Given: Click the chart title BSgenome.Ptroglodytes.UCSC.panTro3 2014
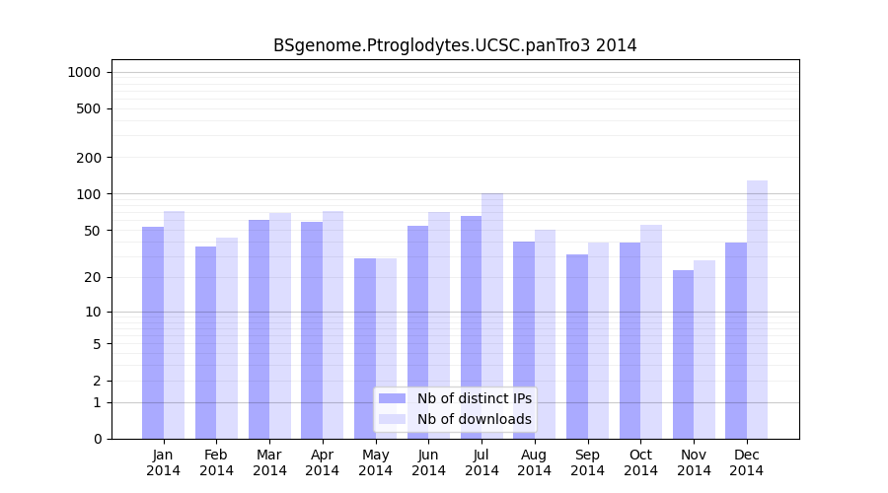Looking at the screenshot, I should click(x=455, y=46).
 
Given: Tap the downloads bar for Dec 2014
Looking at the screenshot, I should click(x=757, y=310).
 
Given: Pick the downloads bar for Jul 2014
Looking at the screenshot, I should click(x=492, y=316).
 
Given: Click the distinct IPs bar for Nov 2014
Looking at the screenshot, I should click(x=683, y=354).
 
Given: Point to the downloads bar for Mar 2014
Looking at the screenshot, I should click(x=280, y=325).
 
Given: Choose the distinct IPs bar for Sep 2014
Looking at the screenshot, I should click(x=577, y=346).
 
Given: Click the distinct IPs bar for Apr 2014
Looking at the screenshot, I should click(x=312, y=330).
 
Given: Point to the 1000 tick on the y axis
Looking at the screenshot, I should click(x=84, y=72).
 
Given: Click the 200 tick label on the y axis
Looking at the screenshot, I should click(x=90, y=158).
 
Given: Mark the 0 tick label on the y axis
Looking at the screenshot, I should click(x=97, y=439).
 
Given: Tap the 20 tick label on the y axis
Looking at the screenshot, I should click(x=93, y=277).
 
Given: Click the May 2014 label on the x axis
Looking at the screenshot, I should click(x=376, y=462).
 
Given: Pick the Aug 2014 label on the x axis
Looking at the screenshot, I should click(x=535, y=462).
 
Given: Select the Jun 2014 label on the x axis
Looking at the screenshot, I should click(x=428, y=462).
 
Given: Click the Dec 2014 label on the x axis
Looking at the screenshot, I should click(x=747, y=462).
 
